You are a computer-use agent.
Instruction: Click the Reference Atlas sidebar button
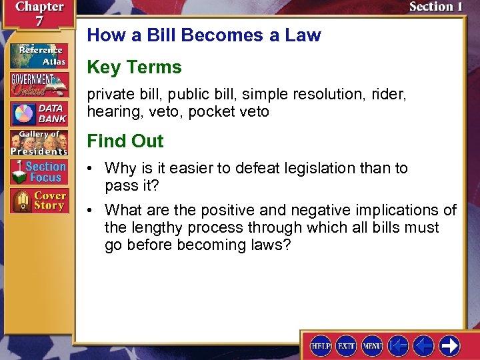point(39,56)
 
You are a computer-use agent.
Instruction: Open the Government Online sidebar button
point(39,85)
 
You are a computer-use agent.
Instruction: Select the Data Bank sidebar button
point(39,113)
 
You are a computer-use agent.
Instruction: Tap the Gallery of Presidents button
point(39,143)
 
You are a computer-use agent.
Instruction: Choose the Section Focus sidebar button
point(39,172)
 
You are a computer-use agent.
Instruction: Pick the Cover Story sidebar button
point(39,201)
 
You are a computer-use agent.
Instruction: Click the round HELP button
point(321,346)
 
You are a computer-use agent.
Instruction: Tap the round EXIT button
point(346,346)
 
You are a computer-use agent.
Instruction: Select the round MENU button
point(371,346)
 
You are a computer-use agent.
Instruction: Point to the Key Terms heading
point(134,67)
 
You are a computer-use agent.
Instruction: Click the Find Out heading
point(125,141)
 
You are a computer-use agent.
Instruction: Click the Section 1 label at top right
point(435,7)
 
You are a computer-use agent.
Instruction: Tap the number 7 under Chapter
point(39,21)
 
